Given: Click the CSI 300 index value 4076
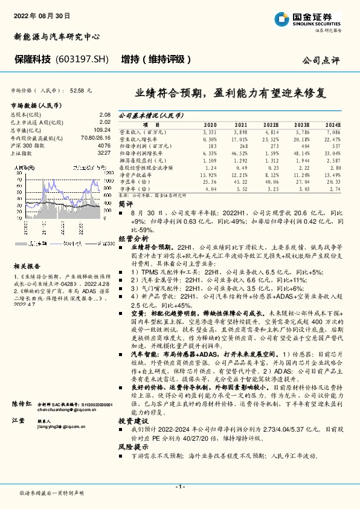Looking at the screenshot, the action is click(104, 146).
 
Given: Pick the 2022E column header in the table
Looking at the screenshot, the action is click(270, 124).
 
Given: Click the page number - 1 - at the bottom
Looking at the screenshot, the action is click(179, 487).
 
